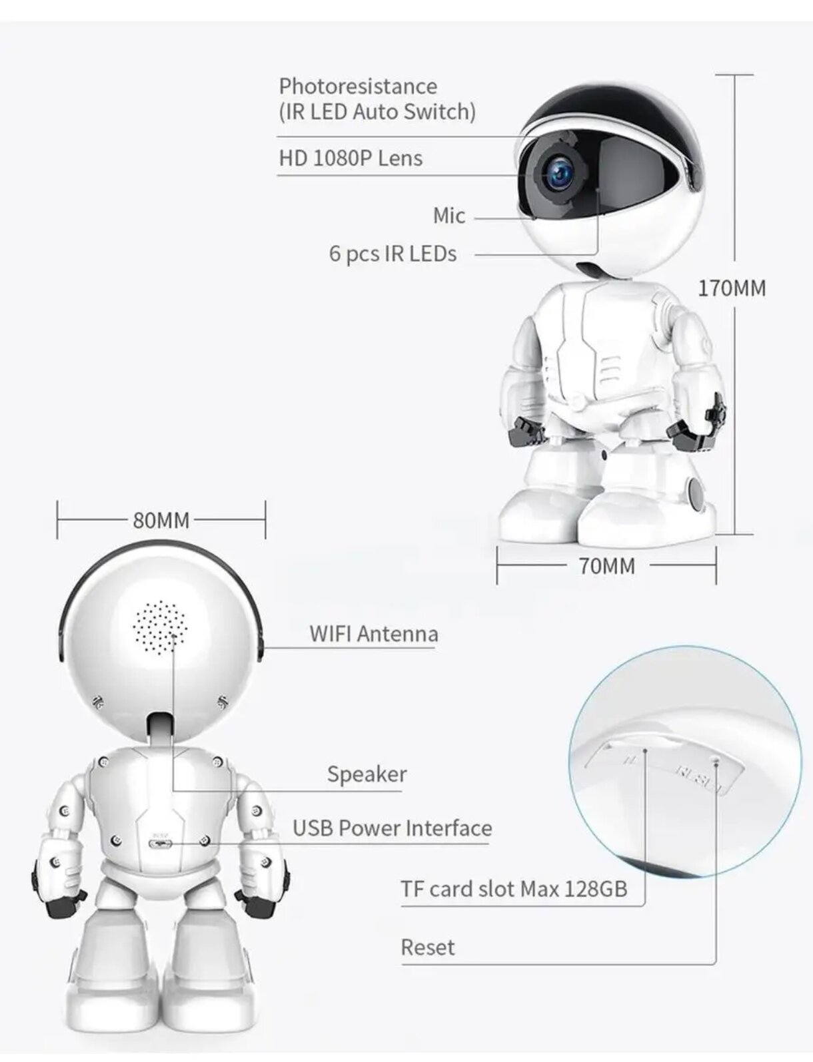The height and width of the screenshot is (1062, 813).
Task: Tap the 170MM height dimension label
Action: tap(732, 288)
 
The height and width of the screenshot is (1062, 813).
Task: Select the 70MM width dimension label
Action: tap(606, 566)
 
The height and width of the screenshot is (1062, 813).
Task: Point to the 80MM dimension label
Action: tap(161, 520)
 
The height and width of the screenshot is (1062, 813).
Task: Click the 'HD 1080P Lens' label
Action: tap(351, 158)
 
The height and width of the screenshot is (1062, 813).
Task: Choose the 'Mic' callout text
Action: tap(448, 216)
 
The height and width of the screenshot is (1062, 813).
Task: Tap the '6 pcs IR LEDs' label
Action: tap(393, 254)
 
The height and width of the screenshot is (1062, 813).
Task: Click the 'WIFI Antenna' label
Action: tap(373, 634)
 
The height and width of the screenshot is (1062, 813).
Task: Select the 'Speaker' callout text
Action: tap(367, 774)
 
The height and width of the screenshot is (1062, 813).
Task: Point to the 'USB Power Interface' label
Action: tap(392, 828)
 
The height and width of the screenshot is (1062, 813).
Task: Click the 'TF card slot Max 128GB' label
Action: tap(513, 889)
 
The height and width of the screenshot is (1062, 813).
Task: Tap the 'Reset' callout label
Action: tap(427, 947)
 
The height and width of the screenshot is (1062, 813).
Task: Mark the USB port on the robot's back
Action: tap(160, 844)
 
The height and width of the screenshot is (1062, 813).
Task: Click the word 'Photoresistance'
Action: tap(358, 87)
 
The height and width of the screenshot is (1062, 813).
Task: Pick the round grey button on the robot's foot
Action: tap(696, 493)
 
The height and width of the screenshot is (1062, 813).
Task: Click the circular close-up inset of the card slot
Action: tap(686, 759)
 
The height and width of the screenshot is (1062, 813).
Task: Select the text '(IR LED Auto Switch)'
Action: tap(377, 112)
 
